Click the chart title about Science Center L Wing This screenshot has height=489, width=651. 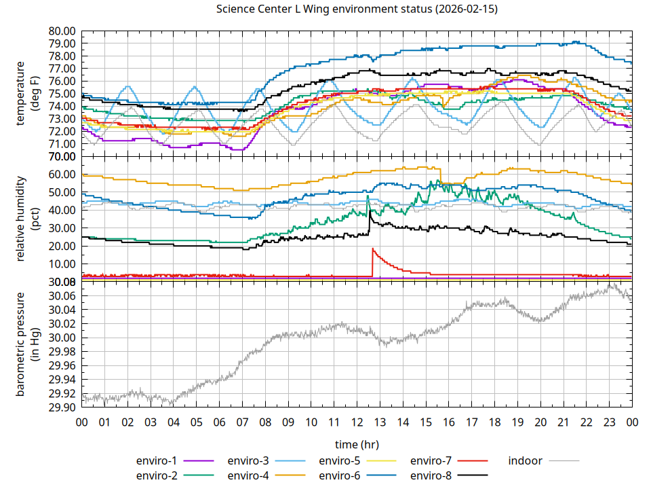point(357,9)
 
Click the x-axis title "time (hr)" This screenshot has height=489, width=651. point(357,444)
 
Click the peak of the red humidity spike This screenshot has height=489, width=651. point(372,249)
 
